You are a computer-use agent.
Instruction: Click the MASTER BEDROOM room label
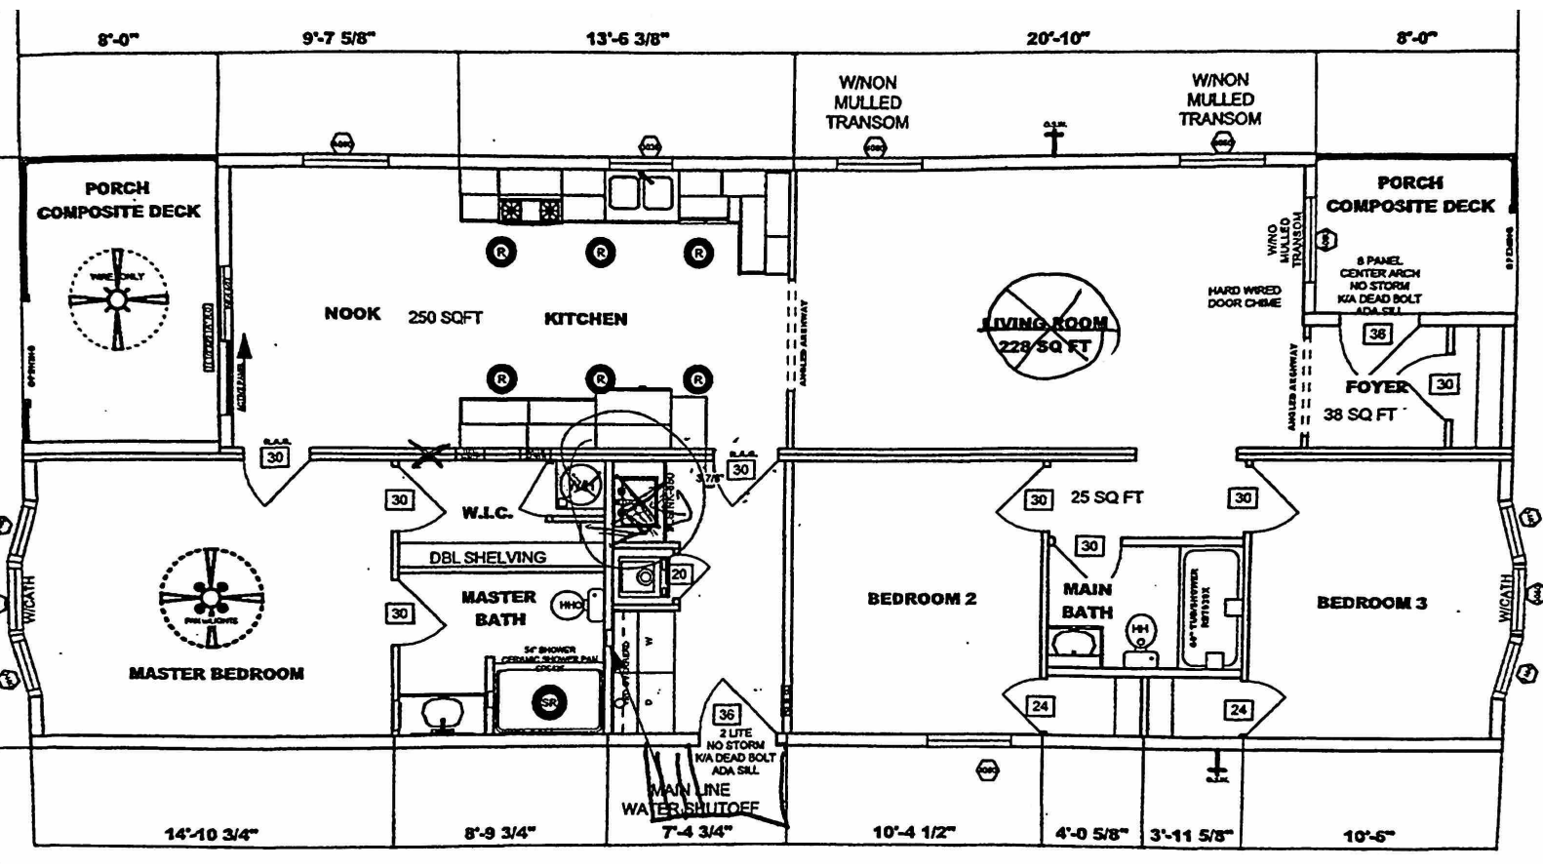[x=216, y=673]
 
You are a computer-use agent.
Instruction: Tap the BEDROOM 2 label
[x=922, y=599]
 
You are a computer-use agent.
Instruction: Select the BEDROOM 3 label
[x=1371, y=603]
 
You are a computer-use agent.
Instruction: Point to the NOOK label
[x=352, y=313]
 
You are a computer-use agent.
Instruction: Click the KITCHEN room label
[x=585, y=318]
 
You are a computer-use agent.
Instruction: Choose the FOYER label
[x=1376, y=387]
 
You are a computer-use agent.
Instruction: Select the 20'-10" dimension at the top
[x=1058, y=38]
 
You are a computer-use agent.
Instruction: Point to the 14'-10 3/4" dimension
[x=211, y=834]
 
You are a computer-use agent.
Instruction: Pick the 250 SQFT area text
[x=445, y=317]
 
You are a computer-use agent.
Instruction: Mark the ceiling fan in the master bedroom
[x=211, y=599]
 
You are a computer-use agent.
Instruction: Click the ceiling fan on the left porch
[x=118, y=299]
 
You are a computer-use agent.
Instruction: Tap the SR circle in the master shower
[x=549, y=702]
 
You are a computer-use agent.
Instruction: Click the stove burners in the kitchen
[x=531, y=209]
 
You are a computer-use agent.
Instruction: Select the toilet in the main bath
[x=1138, y=632]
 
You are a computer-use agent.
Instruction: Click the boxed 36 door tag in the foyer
[x=1377, y=334]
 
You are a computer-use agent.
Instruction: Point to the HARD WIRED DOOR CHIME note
[x=1245, y=296]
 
